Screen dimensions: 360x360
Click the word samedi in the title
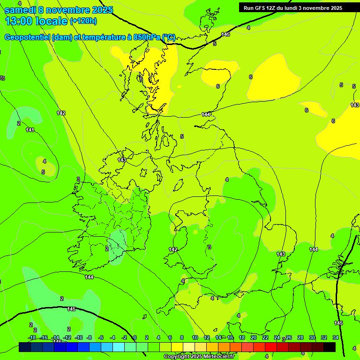tap(20, 10)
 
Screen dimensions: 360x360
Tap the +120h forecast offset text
tap(83, 21)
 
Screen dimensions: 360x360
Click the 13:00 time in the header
tap(19, 21)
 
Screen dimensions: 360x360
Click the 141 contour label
tap(30, 130)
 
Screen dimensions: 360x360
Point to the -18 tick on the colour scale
tap(32, 337)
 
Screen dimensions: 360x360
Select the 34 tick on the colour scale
tap(335, 337)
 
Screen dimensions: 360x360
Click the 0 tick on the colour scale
tap(135, 337)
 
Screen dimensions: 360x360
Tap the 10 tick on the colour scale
tap(195, 337)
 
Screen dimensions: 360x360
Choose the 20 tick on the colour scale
tap(253, 337)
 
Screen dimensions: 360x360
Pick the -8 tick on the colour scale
tap(89, 337)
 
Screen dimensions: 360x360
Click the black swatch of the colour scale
tap(330, 347)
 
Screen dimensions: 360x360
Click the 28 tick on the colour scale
tap(300, 337)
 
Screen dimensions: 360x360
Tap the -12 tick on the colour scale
tap(67, 337)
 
